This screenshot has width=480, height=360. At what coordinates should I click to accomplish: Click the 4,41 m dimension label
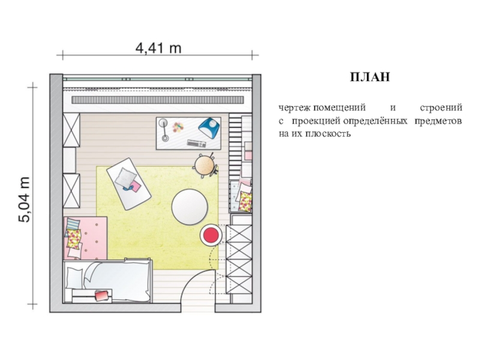click(158, 48)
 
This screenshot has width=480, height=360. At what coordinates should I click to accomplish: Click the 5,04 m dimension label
click(25, 199)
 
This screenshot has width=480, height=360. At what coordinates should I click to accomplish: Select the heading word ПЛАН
click(370, 77)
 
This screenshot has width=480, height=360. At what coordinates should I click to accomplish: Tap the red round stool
click(211, 235)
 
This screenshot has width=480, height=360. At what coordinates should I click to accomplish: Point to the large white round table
click(190, 207)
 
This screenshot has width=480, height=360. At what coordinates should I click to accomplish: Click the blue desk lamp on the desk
click(209, 127)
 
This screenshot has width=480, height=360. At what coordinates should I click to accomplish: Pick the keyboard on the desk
click(197, 143)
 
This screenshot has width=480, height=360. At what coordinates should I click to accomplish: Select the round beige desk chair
click(205, 165)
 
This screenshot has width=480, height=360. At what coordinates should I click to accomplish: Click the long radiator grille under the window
click(158, 100)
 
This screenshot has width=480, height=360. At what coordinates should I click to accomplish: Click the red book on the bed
click(102, 296)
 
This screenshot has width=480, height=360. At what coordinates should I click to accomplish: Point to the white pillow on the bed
click(74, 278)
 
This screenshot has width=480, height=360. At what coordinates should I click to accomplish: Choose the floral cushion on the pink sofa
click(74, 239)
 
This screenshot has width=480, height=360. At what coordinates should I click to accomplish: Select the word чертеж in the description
click(295, 108)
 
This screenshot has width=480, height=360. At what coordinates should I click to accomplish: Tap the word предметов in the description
click(438, 121)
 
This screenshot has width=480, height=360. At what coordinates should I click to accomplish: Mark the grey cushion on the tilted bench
click(125, 177)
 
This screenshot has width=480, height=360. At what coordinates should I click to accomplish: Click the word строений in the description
click(441, 108)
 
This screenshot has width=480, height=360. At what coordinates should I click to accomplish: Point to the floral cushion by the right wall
click(245, 201)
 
